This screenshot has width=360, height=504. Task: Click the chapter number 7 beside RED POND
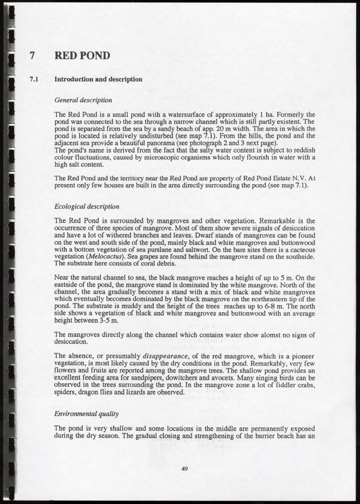point(31,55)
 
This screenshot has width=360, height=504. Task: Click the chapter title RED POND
point(83,55)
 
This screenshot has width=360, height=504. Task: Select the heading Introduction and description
point(99,79)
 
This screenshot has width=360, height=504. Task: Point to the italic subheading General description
point(83,100)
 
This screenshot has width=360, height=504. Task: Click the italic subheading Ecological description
point(87,207)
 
